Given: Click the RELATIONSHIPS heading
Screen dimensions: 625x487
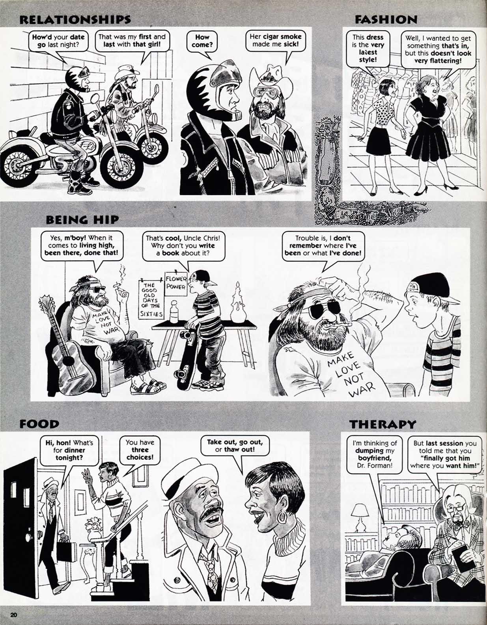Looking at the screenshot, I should (75, 19).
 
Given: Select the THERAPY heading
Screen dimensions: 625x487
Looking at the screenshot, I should (383, 424).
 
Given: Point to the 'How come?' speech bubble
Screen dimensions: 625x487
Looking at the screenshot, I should (202, 41).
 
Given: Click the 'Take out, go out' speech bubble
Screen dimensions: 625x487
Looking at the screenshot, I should (235, 446).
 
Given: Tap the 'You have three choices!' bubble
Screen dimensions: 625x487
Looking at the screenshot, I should (140, 450).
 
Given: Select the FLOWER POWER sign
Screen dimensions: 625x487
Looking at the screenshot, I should (176, 283).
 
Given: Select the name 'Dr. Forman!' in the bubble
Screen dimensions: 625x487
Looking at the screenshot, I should (373, 465).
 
